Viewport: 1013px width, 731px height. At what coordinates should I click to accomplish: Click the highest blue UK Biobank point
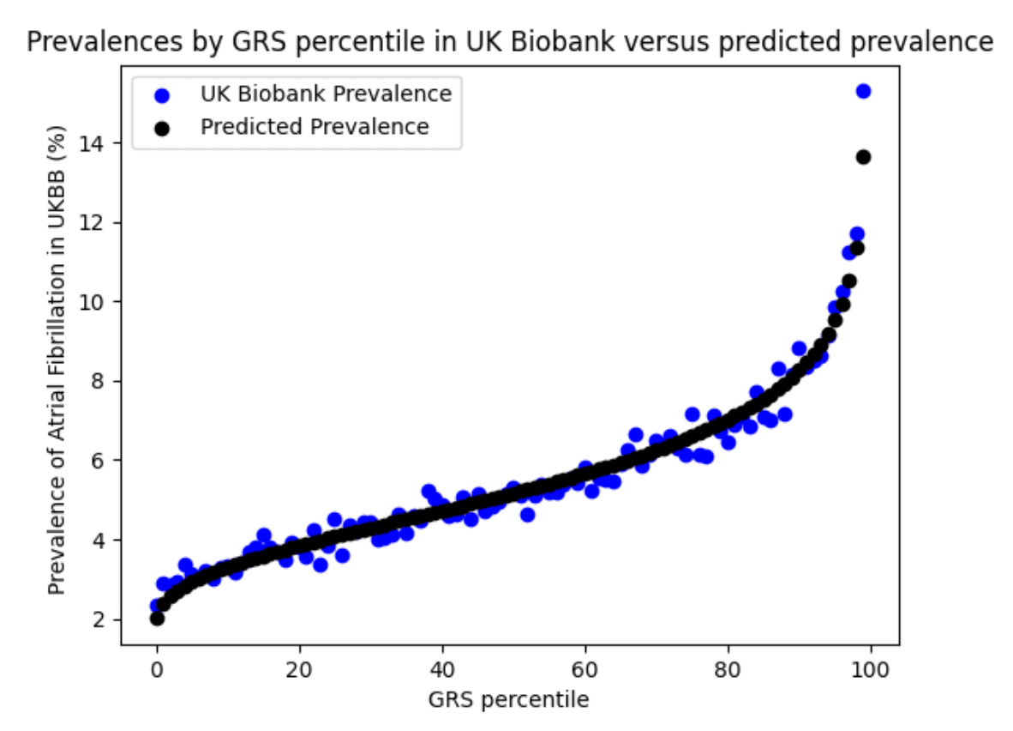[863, 91]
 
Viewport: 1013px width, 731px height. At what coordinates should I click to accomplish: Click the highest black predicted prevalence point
[863, 157]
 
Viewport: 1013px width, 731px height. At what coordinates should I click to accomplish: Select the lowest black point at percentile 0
[156, 619]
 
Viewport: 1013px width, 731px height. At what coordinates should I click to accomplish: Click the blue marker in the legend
[161, 96]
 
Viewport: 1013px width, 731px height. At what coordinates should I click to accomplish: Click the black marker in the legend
[161, 129]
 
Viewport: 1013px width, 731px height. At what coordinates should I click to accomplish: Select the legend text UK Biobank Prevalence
[326, 94]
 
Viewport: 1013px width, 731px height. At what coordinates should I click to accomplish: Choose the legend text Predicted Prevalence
[315, 127]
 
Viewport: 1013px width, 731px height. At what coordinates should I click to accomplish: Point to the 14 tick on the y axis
[91, 143]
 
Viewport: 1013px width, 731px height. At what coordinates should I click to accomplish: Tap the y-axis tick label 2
[99, 619]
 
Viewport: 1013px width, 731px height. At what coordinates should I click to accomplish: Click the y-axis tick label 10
[91, 302]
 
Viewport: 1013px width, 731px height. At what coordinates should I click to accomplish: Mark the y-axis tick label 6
[99, 461]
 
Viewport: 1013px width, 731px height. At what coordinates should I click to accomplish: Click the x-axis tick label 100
[870, 669]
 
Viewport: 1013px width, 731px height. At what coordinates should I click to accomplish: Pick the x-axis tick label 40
[442, 669]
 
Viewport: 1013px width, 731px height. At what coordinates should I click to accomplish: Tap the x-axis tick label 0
[156, 669]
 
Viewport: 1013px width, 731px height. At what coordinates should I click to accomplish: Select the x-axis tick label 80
[728, 669]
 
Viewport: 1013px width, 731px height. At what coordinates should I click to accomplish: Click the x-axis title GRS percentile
[508, 700]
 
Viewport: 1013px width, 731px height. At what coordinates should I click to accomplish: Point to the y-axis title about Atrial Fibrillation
[57, 359]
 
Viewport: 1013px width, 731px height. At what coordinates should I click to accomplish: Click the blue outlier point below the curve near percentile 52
[527, 515]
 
